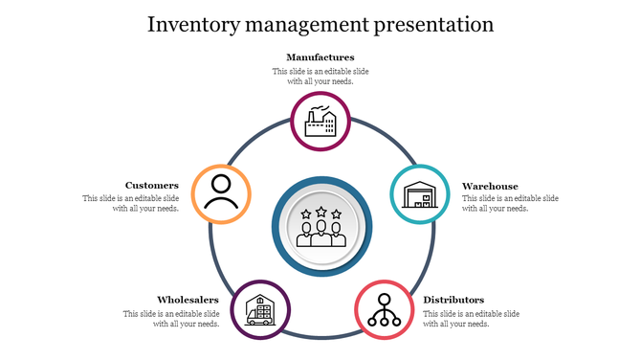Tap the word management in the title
tap(304, 23)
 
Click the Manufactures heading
tap(320, 57)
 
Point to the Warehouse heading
tap(490, 186)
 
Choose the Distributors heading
tap(453, 300)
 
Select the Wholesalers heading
tap(188, 300)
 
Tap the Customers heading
tap(152, 186)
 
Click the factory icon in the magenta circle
tap(320, 122)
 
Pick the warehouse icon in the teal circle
tap(420, 194)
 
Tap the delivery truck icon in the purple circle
tap(260, 309)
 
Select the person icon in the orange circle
tap(221, 193)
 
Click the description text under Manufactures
tap(320, 77)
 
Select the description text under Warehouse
tap(510, 203)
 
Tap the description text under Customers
tap(131, 203)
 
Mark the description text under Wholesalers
tap(171, 319)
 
